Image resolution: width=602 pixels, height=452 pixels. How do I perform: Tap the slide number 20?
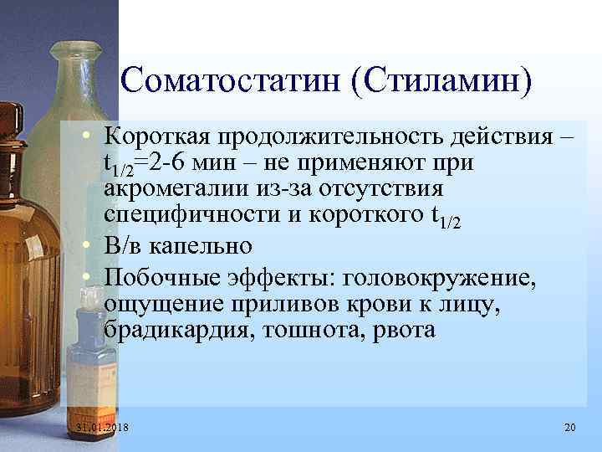click(x=570, y=429)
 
